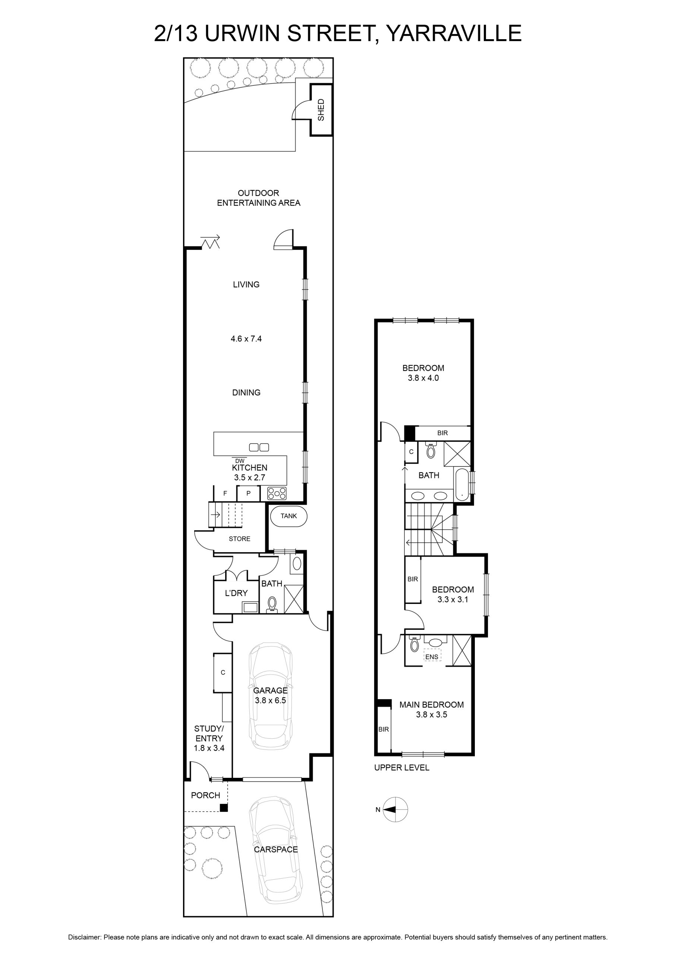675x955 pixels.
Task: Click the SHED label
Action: [x=321, y=110]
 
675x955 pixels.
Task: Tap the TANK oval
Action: [x=289, y=516]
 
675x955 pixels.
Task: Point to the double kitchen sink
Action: [x=259, y=448]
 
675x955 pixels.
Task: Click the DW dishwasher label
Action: [x=240, y=461]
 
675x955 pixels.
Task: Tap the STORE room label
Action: [x=239, y=539]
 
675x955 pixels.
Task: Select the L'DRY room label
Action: [x=236, y=593]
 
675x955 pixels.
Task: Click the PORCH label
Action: [x=205, y=795]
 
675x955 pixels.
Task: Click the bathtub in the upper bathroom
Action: [x=462, y=485]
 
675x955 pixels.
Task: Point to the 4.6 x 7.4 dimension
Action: [x=246, y=339]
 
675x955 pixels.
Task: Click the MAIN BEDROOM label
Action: [x=432, y=705]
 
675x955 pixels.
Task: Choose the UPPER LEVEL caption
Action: [x=401, y=767]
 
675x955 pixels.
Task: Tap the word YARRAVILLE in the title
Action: [x=454, y=33]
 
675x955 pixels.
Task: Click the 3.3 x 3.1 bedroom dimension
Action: [x=452, y=599]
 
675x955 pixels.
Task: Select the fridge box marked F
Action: [x=225, y=494]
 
